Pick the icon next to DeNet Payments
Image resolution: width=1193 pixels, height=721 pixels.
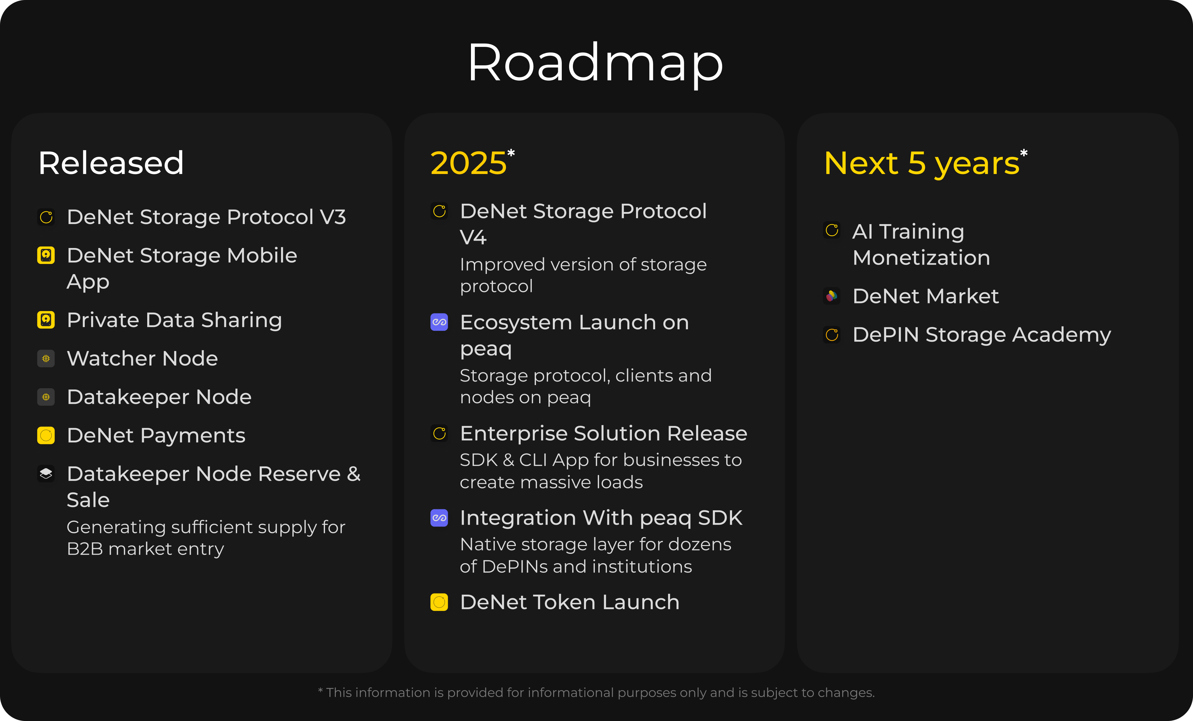pos(46,436)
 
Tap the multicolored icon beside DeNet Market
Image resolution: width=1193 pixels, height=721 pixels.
pos(832,296)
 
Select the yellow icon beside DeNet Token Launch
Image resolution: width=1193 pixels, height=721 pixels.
pos(439,602)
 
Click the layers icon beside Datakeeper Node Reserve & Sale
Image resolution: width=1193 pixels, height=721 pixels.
pos(46,474)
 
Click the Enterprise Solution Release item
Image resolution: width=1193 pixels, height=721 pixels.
pos(603,433)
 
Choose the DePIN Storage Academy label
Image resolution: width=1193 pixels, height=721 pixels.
pos(981,335)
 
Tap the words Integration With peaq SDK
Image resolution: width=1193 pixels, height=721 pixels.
pos(601,518)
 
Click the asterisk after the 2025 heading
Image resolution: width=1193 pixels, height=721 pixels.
pos(511,154)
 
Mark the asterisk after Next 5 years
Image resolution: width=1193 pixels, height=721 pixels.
pos(1023,154)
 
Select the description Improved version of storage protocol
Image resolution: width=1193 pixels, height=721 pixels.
pos(583,275)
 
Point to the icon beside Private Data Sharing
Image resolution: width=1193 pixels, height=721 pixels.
pos(46,320)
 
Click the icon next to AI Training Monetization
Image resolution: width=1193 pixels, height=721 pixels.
pos(832,230)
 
